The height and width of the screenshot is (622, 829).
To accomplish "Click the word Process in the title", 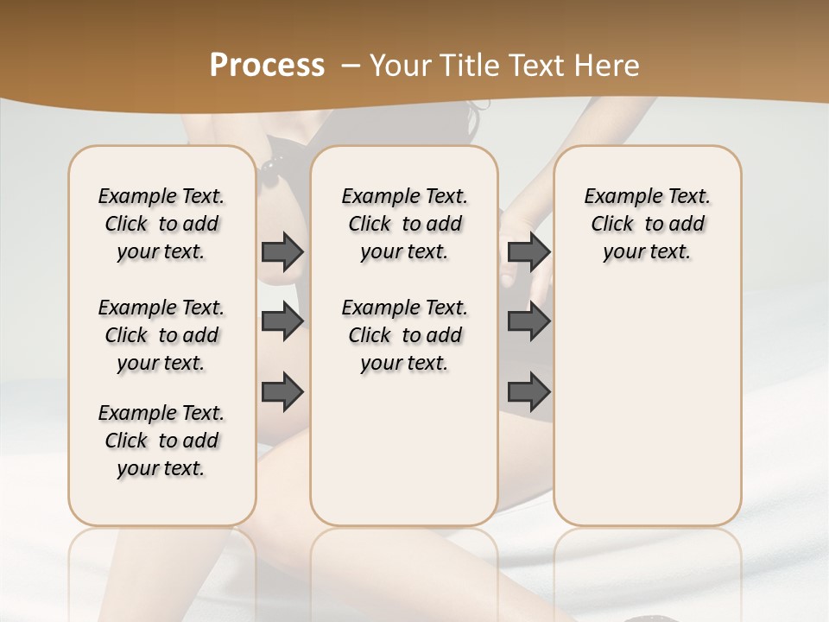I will [267, 66].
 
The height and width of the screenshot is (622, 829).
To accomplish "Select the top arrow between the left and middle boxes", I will [282, 251].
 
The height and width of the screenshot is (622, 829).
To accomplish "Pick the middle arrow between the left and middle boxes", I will [282, 321].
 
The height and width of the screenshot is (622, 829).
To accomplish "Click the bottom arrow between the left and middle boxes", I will [282, 391].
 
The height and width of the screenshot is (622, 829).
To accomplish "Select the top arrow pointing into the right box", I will [528, 251].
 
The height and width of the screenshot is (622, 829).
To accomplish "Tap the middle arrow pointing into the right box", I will [528, 321].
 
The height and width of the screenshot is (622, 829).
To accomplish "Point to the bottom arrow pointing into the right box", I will [528, 391].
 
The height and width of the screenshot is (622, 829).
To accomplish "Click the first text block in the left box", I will [161, 224].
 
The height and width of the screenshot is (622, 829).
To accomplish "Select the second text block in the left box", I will [161, 335].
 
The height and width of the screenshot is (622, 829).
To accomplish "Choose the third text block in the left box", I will [161, 441].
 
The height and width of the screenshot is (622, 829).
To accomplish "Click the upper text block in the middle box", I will [404, 224].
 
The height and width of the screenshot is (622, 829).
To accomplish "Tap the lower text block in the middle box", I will [404, 335].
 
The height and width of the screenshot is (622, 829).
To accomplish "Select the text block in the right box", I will [647, 224].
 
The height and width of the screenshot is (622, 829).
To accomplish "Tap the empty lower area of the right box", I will [647, 406].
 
